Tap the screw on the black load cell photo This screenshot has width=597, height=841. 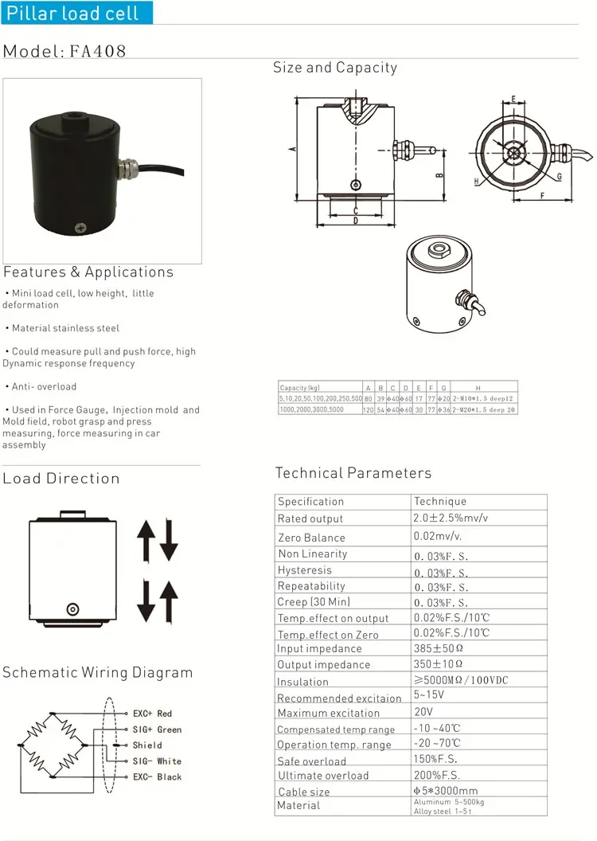80,229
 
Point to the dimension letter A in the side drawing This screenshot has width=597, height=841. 293,149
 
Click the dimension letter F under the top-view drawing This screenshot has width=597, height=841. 542,195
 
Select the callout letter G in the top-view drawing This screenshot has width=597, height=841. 560,176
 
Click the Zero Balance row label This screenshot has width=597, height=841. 312,538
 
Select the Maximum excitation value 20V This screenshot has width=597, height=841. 423,711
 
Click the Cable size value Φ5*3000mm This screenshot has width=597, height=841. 446,790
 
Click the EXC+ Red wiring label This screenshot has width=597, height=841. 153,714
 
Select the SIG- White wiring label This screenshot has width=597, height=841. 157,761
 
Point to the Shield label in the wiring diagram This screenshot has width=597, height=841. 147,745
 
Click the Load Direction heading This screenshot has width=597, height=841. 61,479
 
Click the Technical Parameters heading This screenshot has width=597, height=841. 353,473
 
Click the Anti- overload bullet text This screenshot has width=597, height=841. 45,387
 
